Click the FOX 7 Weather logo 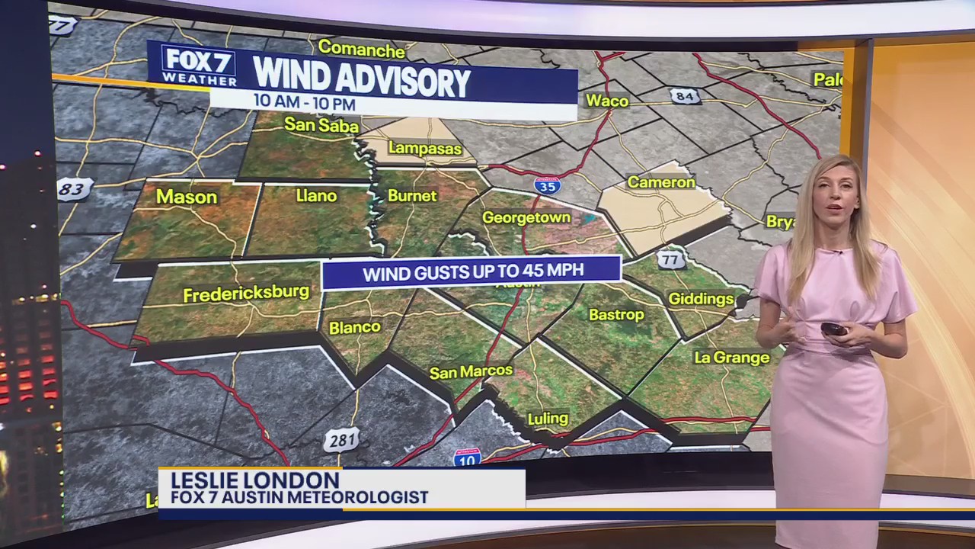pyautogui.click(x=199, y=66)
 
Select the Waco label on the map pyautogui.click(x=607, y=101)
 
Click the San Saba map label pyautogui.click(x=321, y=124)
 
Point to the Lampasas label pyautogui.click(x=425, y=148)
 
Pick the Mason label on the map pyautogui.click(x=187, y=197)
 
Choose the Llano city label pyautogui.click(x=316, y=196)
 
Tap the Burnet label pyautogui.click(x=412, y=196)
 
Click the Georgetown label pyautogui.click(x=526, y=217)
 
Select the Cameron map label pyautogui.click(x=660, y=182)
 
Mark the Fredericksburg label pyautogui.click(x=246, y=293)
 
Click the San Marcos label pyautogui.click(x=471, y=372)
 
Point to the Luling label pyautogui.click(x=548, y=418)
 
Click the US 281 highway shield pyautogui.click(x=340, y=440)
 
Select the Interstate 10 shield pyautogui.click(x=467, y=457)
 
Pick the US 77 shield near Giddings pyautogui.click(x=671, y=258)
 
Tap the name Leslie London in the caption pyautogui.click(x=254, y=480)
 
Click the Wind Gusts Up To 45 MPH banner pyautogui.click(x=471, y=272)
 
